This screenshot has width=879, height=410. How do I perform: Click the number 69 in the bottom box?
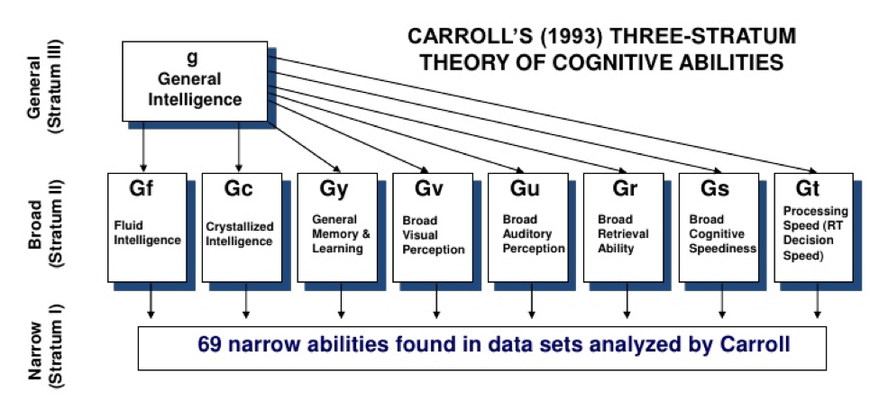point(208,343)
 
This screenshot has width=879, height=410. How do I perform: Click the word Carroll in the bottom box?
point(755,343)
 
